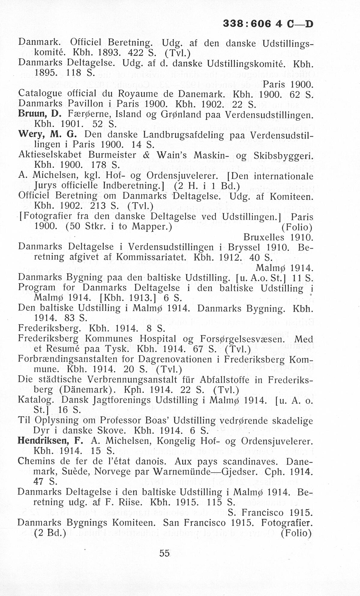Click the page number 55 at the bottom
point(165,553)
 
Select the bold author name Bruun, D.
point(40,114)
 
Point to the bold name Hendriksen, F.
point(50,441)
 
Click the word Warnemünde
point(185,471)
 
